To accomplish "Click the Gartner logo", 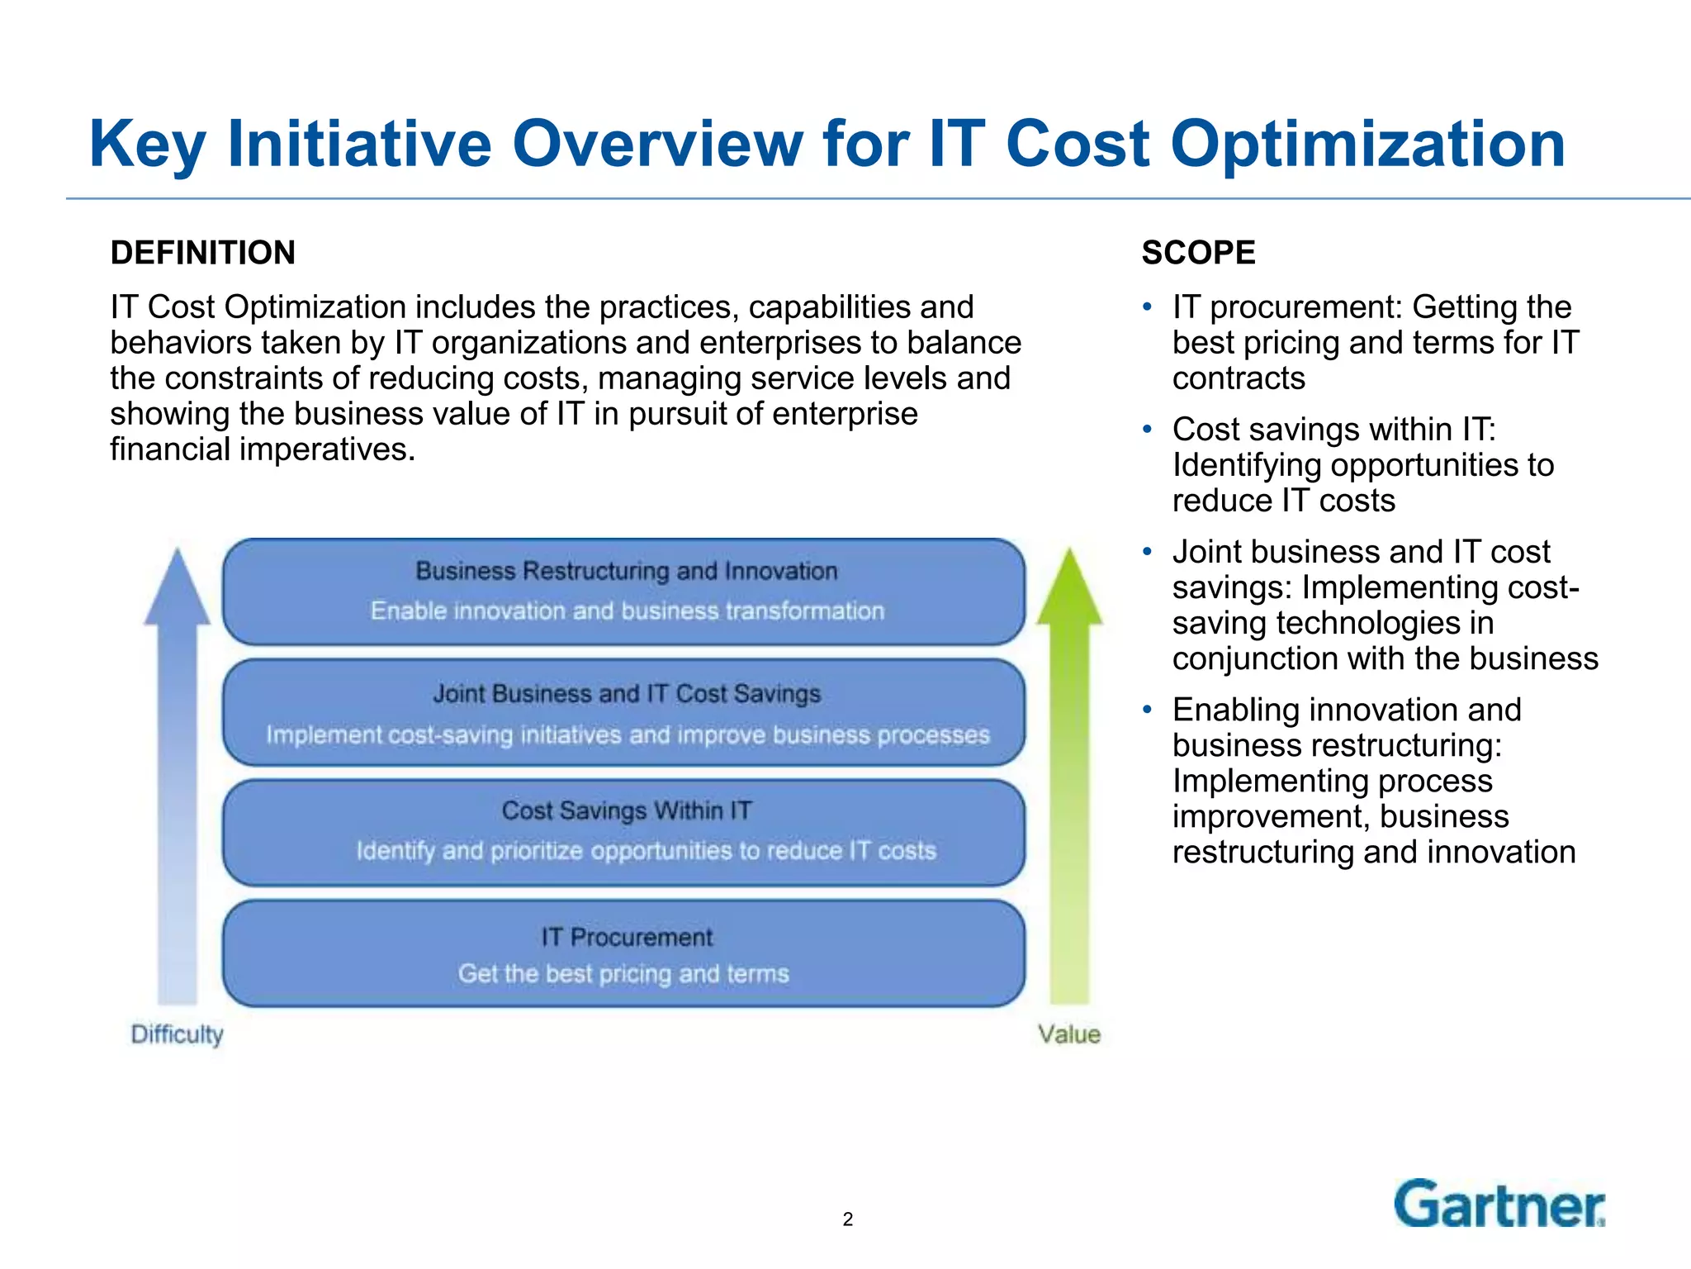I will pos(1499,1205).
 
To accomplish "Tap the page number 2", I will pos(847,1219).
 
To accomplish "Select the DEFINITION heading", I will pos(203,253).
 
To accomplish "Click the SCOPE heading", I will pos(1198,253).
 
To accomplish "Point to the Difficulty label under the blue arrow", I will pos(177,1034).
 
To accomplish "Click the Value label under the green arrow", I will pos(1069,1034).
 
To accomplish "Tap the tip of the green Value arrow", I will pos(1069,552).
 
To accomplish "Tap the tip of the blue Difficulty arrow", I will pos(177,552).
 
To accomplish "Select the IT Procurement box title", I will pos(627,937).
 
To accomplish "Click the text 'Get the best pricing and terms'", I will pos(623,974).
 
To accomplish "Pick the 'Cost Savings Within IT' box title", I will pos(627,810).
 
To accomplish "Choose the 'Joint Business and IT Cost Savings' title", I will pos(627,693).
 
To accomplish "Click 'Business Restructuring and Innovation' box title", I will pos(627,571).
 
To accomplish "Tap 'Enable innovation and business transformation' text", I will pos(627,611).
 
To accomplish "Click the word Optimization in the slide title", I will pos(1367,145).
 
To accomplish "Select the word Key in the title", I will pos(147,145).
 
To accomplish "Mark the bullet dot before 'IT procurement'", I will pos(1147,307).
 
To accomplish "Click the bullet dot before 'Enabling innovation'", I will pos(1147,710).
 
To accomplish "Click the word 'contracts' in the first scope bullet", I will pos(1239,378).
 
